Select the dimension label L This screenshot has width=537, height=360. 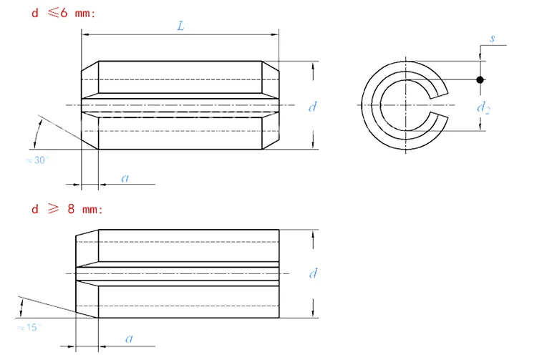coord(181,26)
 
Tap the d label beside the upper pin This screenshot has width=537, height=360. coord(312,107)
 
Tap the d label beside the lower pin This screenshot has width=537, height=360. coord(312,273)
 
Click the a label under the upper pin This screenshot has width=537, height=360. coord(125,177)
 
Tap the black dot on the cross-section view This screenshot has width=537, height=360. coord(480,79)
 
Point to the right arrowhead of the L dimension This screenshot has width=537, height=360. coord(274,34)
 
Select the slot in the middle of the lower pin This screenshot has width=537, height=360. coord(179,273)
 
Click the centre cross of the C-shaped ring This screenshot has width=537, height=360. coord(406,105)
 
